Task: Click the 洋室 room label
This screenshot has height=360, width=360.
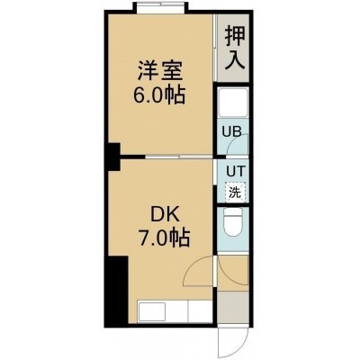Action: [x=160, y=70]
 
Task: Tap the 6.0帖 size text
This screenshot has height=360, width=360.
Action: [x=159, y=96]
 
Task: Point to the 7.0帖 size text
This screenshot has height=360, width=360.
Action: [x=164, y=238]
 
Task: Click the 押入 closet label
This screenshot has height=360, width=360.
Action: [x=236, y=48]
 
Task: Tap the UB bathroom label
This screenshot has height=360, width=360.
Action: [x=231, y=131]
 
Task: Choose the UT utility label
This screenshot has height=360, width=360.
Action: [x=236, y=172]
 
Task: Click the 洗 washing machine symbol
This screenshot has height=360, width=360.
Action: [x=235, y=192]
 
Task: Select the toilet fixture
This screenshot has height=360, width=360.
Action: [x=233, y=222]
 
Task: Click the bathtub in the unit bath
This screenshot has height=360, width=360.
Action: [x=233, y=103]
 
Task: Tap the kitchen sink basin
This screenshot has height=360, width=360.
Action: [x=151, y=312]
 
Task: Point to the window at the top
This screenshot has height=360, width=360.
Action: [x=160, y=7]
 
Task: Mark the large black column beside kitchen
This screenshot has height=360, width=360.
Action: [x=116, y=290]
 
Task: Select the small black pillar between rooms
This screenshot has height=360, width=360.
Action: [x=113, y=157]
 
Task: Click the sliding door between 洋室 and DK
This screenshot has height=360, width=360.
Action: [x=179, y=157]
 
